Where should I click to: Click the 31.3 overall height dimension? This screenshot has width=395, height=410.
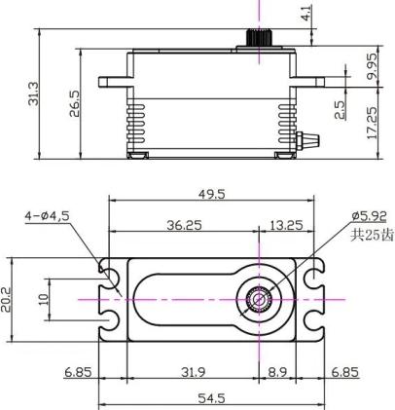pyautogui.click(x=33, y=93)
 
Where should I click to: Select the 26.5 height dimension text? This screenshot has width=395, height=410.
pyautogui.click(x=74, y=103)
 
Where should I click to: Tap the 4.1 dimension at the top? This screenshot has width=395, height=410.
pyautogui.click(x=306, y=13)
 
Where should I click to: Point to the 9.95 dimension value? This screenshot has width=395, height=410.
pyautogui.click(x=372, y=66)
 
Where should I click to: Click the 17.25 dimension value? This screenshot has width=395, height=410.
pyautogui.click(x=372, y=123)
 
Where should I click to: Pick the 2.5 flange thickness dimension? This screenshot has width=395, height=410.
pyautogui.click(x=340, y=110)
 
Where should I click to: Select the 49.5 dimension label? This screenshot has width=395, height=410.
pyautogui.click(x=211, y=194)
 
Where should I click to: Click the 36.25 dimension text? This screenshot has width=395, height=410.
pyautogui.click(x=184, y=225)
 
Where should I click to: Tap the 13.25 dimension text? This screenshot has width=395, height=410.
pyautogui.click(x=286, y=225)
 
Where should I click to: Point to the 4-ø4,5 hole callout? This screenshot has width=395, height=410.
pyautogui.click(x=48, y=216)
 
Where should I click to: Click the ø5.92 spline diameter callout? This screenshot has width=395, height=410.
pyautogui.click(x=369, y=215)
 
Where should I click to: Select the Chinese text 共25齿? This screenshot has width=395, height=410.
pyautogui.click(x=372, y=235)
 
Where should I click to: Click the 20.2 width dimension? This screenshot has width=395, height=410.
pyautogui.click(x=6, y=300)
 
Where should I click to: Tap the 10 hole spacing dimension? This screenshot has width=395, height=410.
pyautogui.click(x=44, y=299)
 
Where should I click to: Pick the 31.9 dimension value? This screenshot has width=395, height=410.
pyautogui.click(x=194, y=372)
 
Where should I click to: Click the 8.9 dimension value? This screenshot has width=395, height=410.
pyautogui.click(x=277, y=372)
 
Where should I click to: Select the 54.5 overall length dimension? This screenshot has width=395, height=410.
pyautogui.click(x=211, y=398)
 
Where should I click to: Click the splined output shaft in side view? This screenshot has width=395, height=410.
pyautogui.click(x=259, y=38)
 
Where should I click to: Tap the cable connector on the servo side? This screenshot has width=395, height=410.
pyautogui.click(x=307, y=141)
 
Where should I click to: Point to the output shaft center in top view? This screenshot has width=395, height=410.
pyautogui.click(x=259, y=299)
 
